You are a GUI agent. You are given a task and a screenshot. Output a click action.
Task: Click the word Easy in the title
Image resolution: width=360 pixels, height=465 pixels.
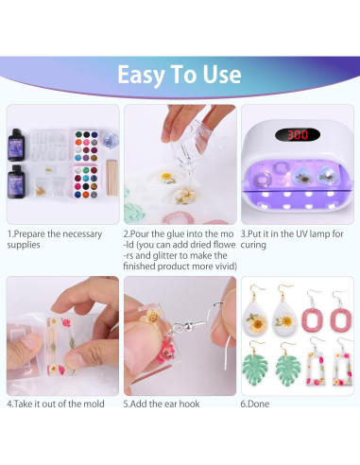(x=141, y=75)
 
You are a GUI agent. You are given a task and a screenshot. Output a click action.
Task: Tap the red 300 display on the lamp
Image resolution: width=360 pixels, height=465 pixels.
(x=298, y=135)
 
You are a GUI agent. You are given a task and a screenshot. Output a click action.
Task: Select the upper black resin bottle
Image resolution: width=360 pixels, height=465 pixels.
(x=16, y=146)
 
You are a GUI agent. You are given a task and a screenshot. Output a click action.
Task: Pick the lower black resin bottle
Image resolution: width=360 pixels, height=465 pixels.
(x=16, y=181)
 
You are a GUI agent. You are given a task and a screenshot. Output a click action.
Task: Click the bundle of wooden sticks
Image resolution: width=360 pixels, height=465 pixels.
(x=112, y=178)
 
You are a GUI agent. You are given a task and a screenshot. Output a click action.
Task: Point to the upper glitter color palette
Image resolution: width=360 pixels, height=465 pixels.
(x=86, y=146)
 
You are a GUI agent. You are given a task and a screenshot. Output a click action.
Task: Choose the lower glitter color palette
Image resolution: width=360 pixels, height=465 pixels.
(x=86, y=182)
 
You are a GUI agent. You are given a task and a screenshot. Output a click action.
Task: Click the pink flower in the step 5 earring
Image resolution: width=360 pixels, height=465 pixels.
(x=166, y=350)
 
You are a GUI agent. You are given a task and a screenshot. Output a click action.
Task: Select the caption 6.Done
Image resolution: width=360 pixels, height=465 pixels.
(x=255, y=404)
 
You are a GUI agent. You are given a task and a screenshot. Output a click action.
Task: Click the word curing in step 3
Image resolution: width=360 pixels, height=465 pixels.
(x=253, y=245)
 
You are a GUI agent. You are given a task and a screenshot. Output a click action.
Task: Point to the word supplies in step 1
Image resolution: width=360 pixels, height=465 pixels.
(x=24, y=245)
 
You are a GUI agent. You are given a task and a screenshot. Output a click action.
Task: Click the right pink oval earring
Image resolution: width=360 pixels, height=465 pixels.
(x=340, y=319)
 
